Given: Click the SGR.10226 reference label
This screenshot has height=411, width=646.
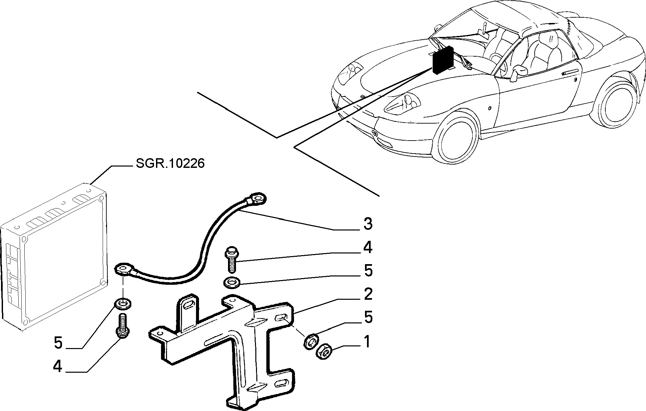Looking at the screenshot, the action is coord(170,164).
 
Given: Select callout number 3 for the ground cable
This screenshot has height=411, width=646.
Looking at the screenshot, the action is coord(368,224).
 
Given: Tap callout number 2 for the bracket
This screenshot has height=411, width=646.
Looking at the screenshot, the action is coord(368,294).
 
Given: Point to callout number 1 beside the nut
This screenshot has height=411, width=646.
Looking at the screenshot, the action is coord(367,342).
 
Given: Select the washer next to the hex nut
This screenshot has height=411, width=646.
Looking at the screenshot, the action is coord(311,342).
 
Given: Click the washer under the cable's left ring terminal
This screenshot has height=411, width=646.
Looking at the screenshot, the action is coord(123,304).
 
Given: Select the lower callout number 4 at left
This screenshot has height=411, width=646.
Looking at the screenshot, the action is coord(57,367).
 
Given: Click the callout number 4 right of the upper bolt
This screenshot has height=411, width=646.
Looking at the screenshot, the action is coord(367,247).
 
